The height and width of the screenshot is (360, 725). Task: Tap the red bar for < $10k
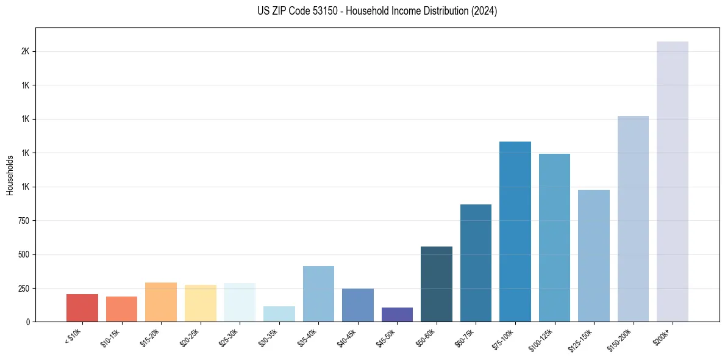pos(82,308)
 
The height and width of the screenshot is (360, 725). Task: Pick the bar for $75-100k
pos(515,231)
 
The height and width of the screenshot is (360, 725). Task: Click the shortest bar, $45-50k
pos(397,314)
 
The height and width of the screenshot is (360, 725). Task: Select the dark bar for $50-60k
pos(436,284)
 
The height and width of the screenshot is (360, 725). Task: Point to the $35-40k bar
pos(318,293)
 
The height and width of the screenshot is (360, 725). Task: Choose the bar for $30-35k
pos(279,314)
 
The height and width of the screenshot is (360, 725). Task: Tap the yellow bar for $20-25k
pos(200,303)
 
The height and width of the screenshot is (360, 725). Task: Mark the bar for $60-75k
pos(476,262)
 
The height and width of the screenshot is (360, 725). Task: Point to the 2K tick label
pos(25,51)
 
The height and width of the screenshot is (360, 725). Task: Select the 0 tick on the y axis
pos(28,322)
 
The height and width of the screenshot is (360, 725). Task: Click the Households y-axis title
pos(10,175)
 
